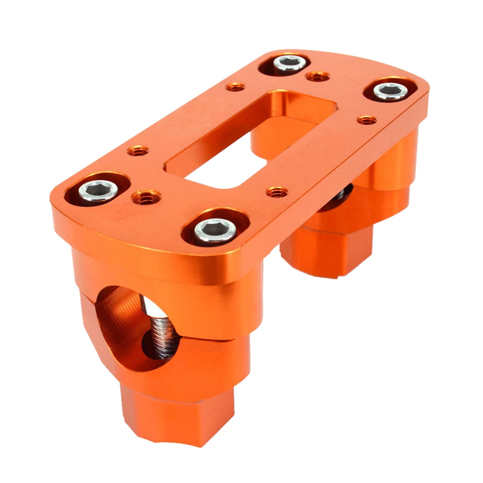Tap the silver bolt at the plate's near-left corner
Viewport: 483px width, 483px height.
tap(98, 191)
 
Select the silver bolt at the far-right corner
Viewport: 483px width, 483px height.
tap(391, 91)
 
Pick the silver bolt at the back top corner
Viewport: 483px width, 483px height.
tap(290, 63)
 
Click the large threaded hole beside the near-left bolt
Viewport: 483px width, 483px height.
tap(146, 197)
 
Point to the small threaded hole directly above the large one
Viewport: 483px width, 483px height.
tap(138, 151)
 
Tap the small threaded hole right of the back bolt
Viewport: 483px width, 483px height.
tap(317, 76)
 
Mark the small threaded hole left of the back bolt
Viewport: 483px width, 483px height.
tap(235, 87)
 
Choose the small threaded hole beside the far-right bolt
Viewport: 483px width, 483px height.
tap(366, 120)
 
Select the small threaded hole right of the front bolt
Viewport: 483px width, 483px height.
tap(277, 192)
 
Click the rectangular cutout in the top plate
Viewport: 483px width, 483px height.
tap(245, 142)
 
